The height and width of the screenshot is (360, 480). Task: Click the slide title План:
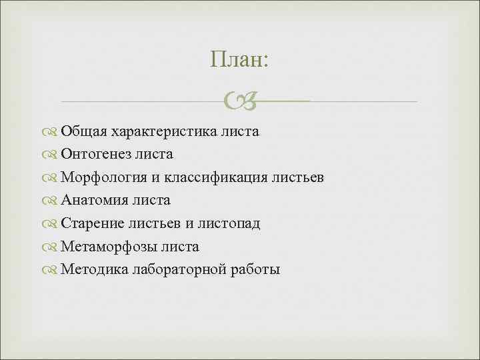[239, 60]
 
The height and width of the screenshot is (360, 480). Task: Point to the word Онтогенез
[95, 155]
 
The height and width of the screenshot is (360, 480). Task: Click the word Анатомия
[95, 201]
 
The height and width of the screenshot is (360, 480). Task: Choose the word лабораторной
[179, 270]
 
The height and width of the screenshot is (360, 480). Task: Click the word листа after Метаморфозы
[178, 247]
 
